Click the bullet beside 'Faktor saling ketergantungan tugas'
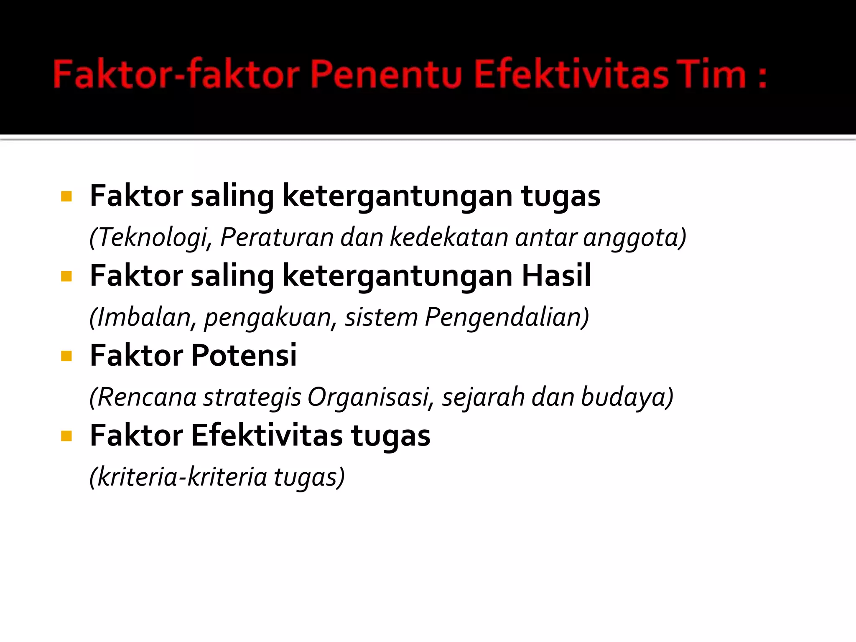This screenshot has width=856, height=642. [x=66, y=196]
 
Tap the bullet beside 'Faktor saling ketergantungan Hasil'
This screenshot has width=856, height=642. [x=66, y=276]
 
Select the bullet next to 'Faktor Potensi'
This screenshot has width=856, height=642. [x=66, y=356]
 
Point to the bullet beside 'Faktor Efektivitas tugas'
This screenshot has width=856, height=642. [x=66, y=436]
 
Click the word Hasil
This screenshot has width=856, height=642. [x=556, y=275]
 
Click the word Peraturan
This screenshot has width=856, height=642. [x=277, y=237]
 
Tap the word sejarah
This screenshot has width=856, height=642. [x=483, y=397]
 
